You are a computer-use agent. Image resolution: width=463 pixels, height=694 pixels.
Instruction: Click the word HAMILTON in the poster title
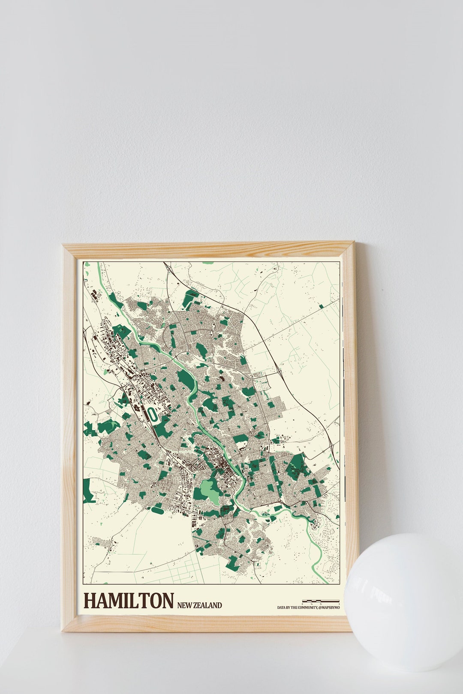pyautogui.click(x=129, y=601)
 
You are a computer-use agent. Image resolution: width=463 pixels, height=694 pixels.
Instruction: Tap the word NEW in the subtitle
pyautogui.click(x=184, y=605)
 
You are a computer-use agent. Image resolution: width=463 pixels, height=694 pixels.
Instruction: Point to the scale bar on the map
pyautogui.click(x=321, y=601)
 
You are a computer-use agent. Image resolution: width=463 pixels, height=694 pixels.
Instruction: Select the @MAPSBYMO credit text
pyautogui.click(x=329, y=607)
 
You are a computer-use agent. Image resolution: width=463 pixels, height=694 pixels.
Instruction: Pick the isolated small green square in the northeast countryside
pyautogui.click(x=322, y=306)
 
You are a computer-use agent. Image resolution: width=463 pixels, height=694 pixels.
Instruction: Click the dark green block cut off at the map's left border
pyautogui.click(x=87, y=491)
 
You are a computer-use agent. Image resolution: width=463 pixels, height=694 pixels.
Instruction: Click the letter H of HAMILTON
pyautogui.click(x=90, y=601)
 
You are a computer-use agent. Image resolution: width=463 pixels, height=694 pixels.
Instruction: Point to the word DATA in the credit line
pyautogui.click(x=282, y=607)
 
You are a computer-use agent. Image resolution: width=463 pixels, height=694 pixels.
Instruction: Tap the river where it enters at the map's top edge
pyautogui.click(x=100, y=264)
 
